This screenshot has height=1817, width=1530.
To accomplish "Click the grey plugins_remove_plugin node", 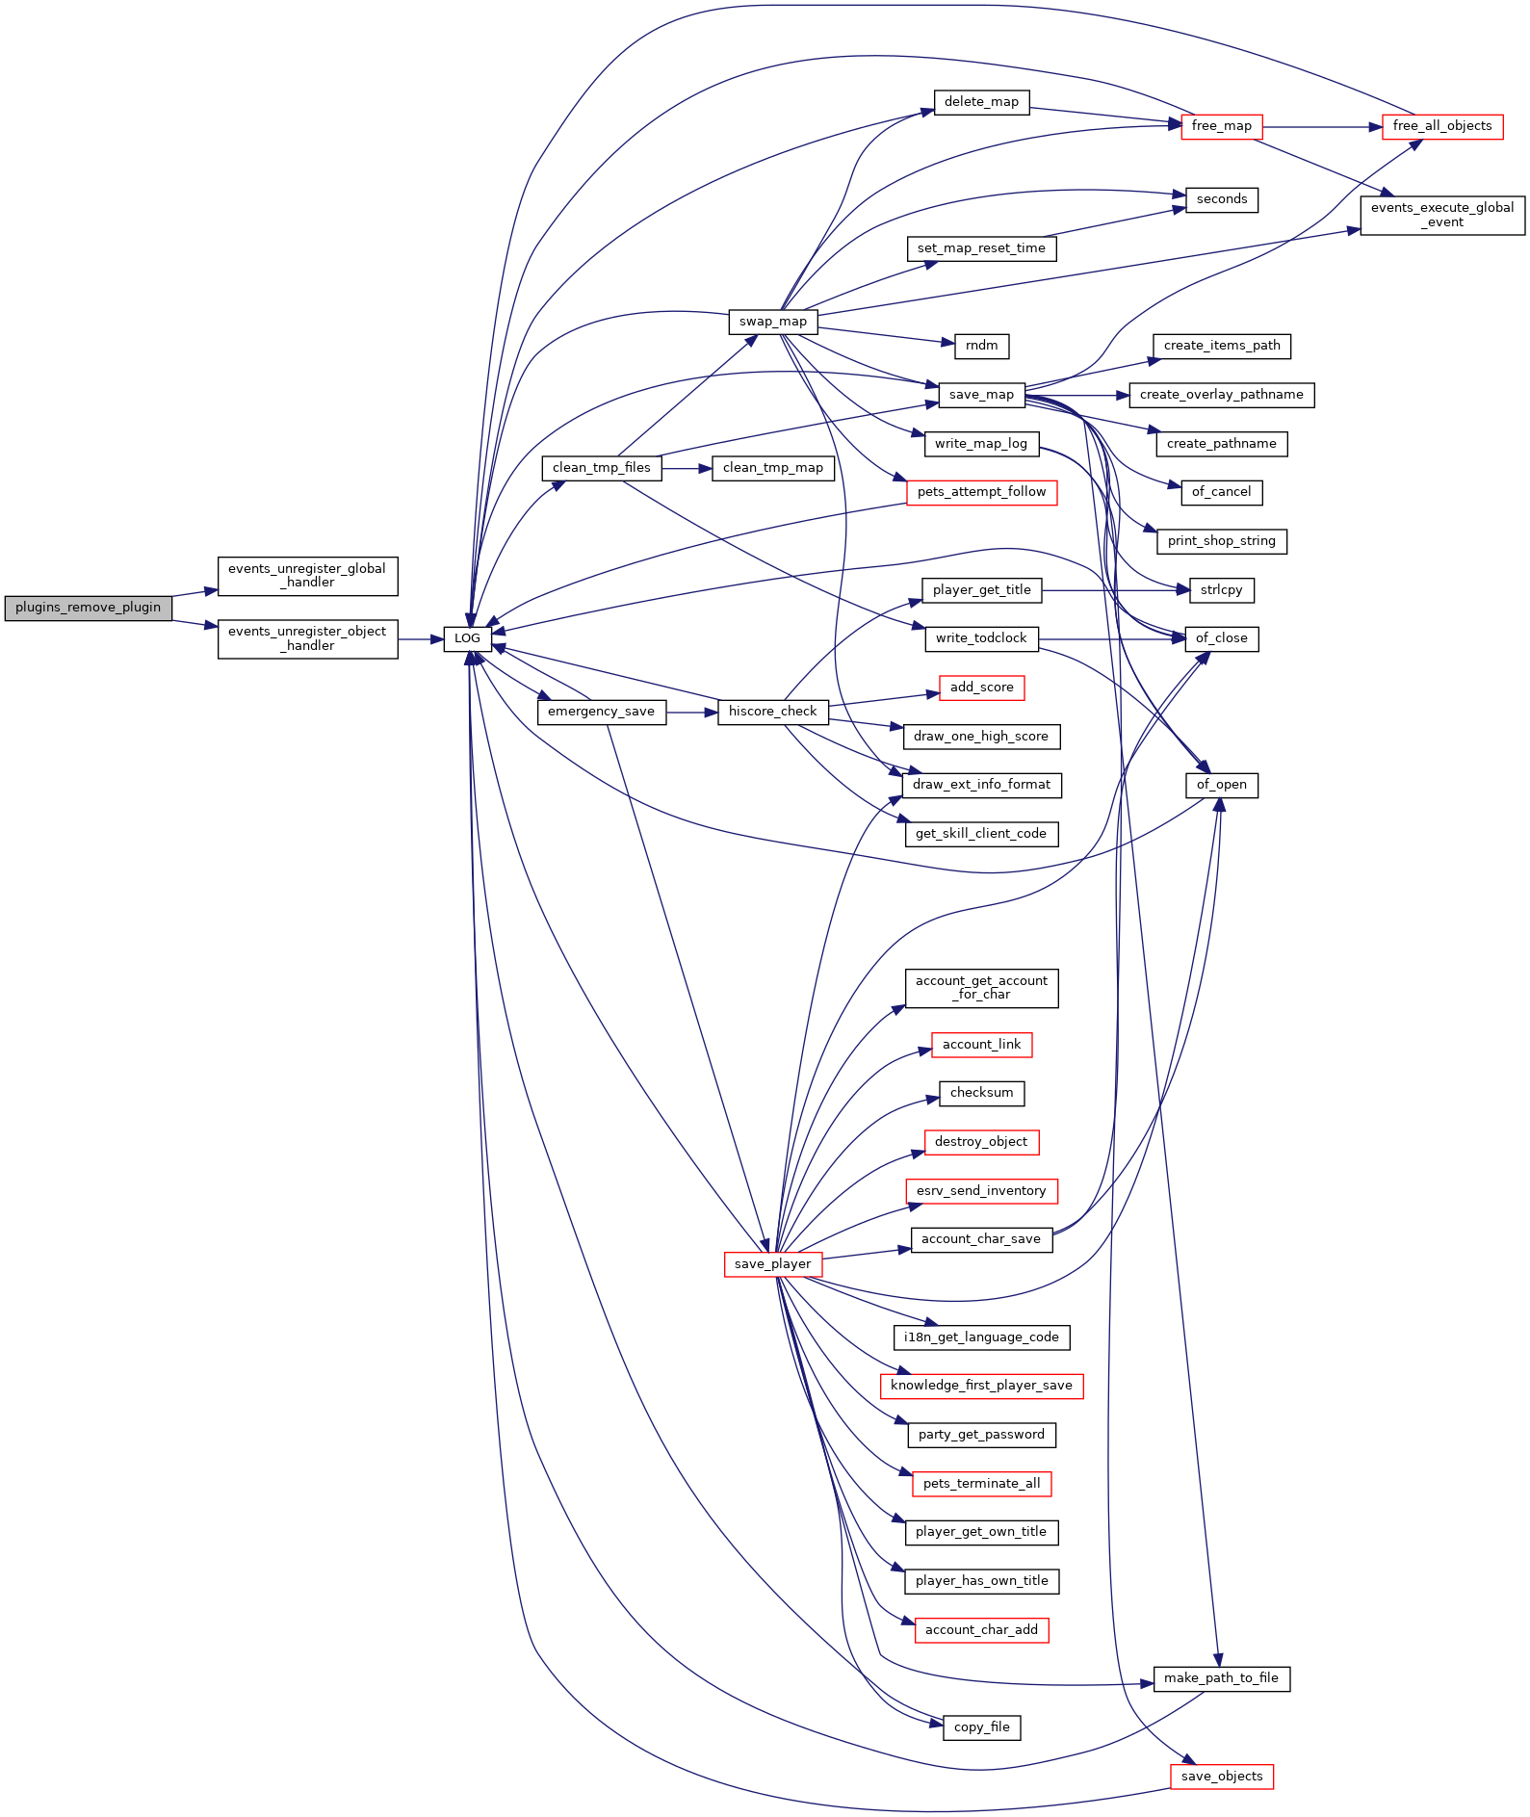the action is tap(89, 608).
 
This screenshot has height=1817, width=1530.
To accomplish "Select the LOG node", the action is tap(468, 638).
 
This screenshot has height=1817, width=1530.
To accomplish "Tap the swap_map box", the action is tap(773, 322).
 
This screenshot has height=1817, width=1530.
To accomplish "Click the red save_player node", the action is tap(773, 1264).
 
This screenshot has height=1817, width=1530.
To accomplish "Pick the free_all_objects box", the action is tap(1442, 126).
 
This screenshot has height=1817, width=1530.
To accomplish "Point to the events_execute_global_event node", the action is tap(1442, 215).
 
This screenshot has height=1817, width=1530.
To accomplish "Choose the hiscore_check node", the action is tap(773, 712).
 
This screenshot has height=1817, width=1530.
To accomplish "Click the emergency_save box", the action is tap(602, 712).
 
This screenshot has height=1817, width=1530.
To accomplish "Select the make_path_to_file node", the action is tap(1222, 1678).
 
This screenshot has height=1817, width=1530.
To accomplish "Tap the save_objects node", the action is tap(1222, 1777).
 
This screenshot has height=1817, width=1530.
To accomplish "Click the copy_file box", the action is tap(982, 1727).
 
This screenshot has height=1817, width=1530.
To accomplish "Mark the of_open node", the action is tap(1222, 785).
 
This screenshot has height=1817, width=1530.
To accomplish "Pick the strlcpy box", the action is tap(1222, 590).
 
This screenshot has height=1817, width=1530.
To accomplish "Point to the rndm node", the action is tap(982, 346).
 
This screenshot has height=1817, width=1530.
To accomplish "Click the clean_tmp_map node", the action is tap(773, 468).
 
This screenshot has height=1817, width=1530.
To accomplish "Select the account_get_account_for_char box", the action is tap(982, 988).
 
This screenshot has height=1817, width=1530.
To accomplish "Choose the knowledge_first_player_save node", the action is tap(982, 1386).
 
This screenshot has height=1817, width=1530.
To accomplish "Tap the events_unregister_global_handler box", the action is tap(308, 576).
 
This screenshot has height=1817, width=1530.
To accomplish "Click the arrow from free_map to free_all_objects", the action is tap(1322, 126).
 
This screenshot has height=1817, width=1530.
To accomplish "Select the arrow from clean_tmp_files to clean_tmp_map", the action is tap(687, 468).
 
